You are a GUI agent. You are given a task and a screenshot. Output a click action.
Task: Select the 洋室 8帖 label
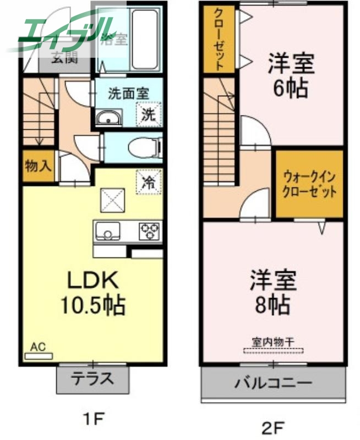[x=273, y=292]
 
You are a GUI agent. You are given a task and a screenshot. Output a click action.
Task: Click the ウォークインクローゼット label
[x=309, y=184]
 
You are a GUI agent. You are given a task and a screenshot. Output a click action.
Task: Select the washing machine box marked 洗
[x=149, y=114]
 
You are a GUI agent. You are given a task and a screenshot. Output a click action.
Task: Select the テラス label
[x=93, y=378]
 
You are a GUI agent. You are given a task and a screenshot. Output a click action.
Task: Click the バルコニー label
[x=274, y=383]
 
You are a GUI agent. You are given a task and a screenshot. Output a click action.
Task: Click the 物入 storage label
[x=39, y=166]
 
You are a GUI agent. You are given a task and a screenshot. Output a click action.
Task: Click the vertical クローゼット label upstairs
[x=219, y=38]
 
